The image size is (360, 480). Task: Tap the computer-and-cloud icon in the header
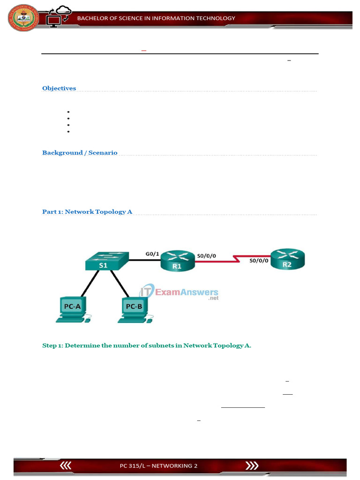(x=58, y=17)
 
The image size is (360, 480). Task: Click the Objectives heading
(x=59, y=88)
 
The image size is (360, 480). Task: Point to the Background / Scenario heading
(x=80, y=153)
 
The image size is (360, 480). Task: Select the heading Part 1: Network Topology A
(x=87, y=212)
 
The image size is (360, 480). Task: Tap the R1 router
(x=177, y=261)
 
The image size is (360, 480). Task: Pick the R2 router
(x=288, y=260)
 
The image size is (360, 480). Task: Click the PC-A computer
(x=73, y=309)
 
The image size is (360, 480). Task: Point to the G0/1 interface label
(x=152, y=254)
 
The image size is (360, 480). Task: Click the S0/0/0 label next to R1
(x=207, y=255)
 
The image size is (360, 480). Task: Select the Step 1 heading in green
(x=147, y=345)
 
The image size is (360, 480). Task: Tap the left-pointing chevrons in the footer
(x=66, y=465)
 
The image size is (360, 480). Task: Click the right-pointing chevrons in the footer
(x=252, y=465)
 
